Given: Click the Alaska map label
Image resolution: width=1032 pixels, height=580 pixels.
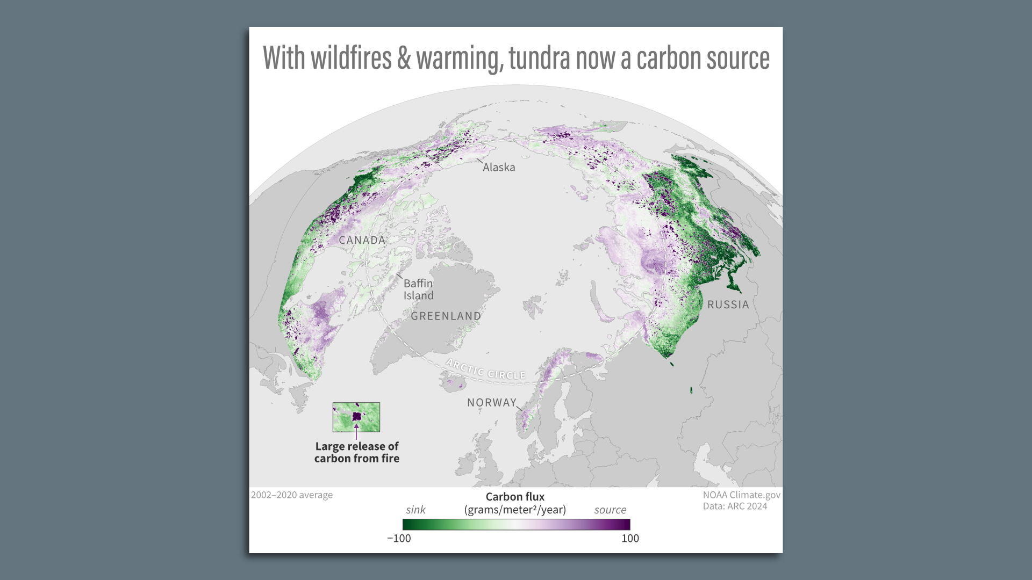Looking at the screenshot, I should tap(499, 168).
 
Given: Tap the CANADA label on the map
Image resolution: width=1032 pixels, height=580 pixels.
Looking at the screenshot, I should tap(362, 241).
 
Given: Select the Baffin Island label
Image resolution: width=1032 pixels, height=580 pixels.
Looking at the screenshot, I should tap(418, 289).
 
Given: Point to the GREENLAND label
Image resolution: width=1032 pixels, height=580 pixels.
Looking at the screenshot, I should tap(446, 316).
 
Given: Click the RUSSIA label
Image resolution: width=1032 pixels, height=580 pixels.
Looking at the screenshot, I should tap(728, 305).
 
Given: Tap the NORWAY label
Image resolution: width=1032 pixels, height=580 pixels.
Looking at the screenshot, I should tap(491, 403).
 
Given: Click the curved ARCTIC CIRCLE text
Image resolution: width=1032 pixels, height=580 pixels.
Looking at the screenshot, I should tap(486, 369).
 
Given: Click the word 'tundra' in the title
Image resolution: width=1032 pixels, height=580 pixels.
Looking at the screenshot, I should tap(539, 58).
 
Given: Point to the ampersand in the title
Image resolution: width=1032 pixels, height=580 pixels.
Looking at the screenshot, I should tap(404, 58).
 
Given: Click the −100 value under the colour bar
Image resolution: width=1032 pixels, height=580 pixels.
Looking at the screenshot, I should tap(399, 539).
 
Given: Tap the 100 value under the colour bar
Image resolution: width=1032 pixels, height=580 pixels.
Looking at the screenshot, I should tap(630, 539).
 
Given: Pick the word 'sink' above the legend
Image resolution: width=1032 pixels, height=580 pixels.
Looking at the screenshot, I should tap(415, 510).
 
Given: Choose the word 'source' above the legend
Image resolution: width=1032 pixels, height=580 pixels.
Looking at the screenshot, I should tap(610, 510).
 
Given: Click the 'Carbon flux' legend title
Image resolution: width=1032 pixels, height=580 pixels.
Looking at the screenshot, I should tap(515, 497).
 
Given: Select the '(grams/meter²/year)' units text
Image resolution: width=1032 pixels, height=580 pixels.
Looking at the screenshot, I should tap(515, 510).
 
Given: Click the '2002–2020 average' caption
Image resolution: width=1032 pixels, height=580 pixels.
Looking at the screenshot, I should tap(292, 495).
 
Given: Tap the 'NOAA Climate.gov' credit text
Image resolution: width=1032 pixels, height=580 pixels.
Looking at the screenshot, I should tap(741, 495).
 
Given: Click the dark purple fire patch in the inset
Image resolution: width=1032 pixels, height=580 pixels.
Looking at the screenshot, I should tap(356, 416).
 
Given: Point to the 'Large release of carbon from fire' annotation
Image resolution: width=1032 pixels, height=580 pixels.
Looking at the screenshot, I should tap(357, 452).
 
